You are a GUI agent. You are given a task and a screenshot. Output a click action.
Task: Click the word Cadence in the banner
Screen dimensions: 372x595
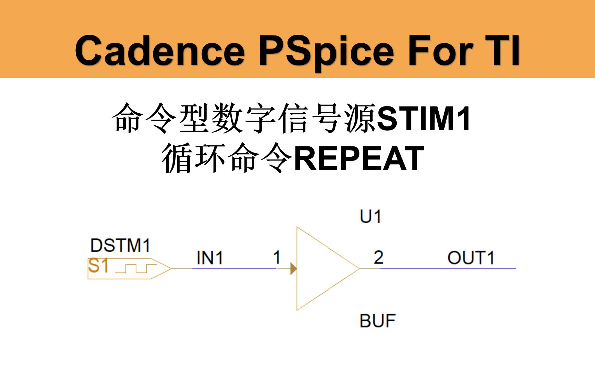(160, 51)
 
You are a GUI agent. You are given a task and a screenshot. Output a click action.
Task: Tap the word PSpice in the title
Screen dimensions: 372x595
(326, 51)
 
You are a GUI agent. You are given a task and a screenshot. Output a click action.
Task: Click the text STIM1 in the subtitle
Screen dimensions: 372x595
(424, 119)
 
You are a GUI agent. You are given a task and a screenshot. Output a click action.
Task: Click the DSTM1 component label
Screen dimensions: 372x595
(120, 246)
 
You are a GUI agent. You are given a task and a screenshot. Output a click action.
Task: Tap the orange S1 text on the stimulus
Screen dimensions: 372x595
(98, 266)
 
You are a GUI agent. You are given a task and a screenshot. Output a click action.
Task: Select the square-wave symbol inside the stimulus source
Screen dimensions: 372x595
(136, 268)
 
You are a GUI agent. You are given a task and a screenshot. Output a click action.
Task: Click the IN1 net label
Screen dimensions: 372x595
(210, 258)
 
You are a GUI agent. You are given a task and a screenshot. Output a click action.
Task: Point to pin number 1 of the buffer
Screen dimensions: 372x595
(276, 257)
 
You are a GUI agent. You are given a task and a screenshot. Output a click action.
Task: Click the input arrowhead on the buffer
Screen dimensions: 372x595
(293, 268)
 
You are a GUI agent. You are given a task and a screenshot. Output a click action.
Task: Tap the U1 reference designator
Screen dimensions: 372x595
(370, 217)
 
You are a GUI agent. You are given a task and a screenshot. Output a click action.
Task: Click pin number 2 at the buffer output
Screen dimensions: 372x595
(378, 257)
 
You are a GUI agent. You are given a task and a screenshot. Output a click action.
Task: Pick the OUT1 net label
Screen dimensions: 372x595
(471, 258)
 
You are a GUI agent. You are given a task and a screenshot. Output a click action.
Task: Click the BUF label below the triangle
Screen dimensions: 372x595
(377, 321)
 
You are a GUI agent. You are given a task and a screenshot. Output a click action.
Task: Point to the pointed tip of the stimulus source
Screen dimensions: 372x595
(170, 268)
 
